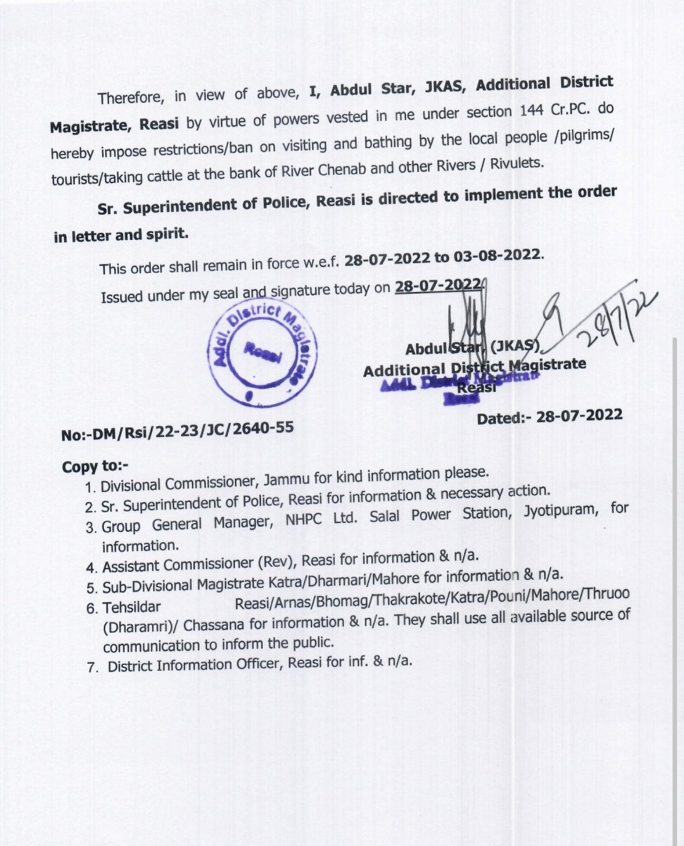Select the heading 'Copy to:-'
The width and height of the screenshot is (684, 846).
point(95,467)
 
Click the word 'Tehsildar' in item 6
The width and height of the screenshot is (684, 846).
point(132,607)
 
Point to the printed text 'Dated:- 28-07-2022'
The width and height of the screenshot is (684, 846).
point(550,416)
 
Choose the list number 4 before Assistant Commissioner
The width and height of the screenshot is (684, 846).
point(91,567)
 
